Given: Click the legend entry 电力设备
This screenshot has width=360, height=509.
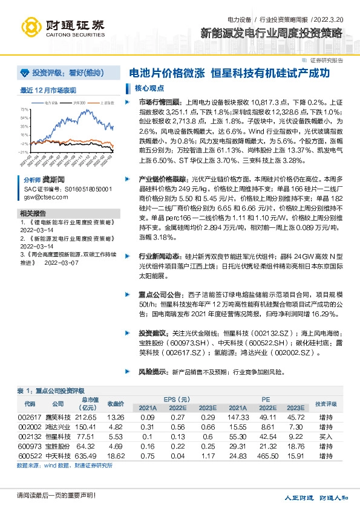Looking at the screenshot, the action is pyautogui.click(x=53, y=103).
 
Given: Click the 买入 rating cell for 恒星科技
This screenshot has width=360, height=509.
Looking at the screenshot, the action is pyautogui.click(x=326, y=436).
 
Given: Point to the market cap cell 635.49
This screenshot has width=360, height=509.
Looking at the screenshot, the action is pyautogui.click(x=86, y=456).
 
